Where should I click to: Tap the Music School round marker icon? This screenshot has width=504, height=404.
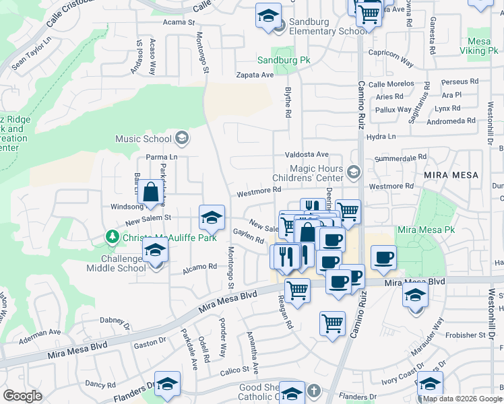[x=181, y=139]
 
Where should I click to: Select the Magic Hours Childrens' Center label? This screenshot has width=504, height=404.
[x=316, y=174]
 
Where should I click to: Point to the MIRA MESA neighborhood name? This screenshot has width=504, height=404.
[x=451, y=175]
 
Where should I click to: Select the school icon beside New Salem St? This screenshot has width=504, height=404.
[x=212, y=217]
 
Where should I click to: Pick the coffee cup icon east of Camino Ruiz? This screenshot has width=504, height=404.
[x=383, y=257]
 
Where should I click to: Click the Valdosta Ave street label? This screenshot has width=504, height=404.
[x=306, y=154]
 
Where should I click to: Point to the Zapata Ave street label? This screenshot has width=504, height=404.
[x=254, y=75]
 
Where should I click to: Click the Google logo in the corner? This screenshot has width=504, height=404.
[x=23, y=396]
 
